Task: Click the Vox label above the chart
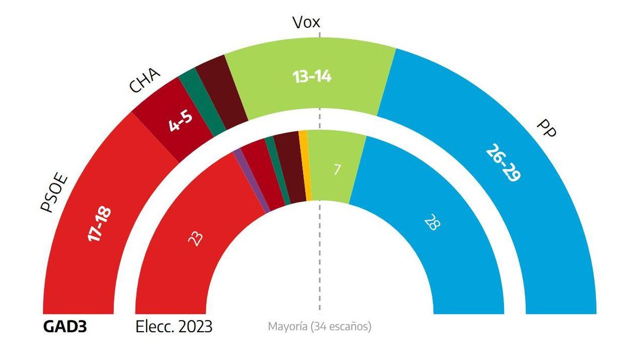(x=306, y=22)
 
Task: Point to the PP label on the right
(x=547, y=129)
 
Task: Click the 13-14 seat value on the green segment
(x=312, y=77)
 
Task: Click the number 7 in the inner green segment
(x=337, y=170)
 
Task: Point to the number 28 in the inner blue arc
(x=431, y=222)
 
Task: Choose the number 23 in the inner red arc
(x=195, y=238)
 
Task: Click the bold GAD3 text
(x=65, y=326)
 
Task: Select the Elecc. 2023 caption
(x=174, y=326)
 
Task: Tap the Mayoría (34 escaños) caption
(x=319, y=326)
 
